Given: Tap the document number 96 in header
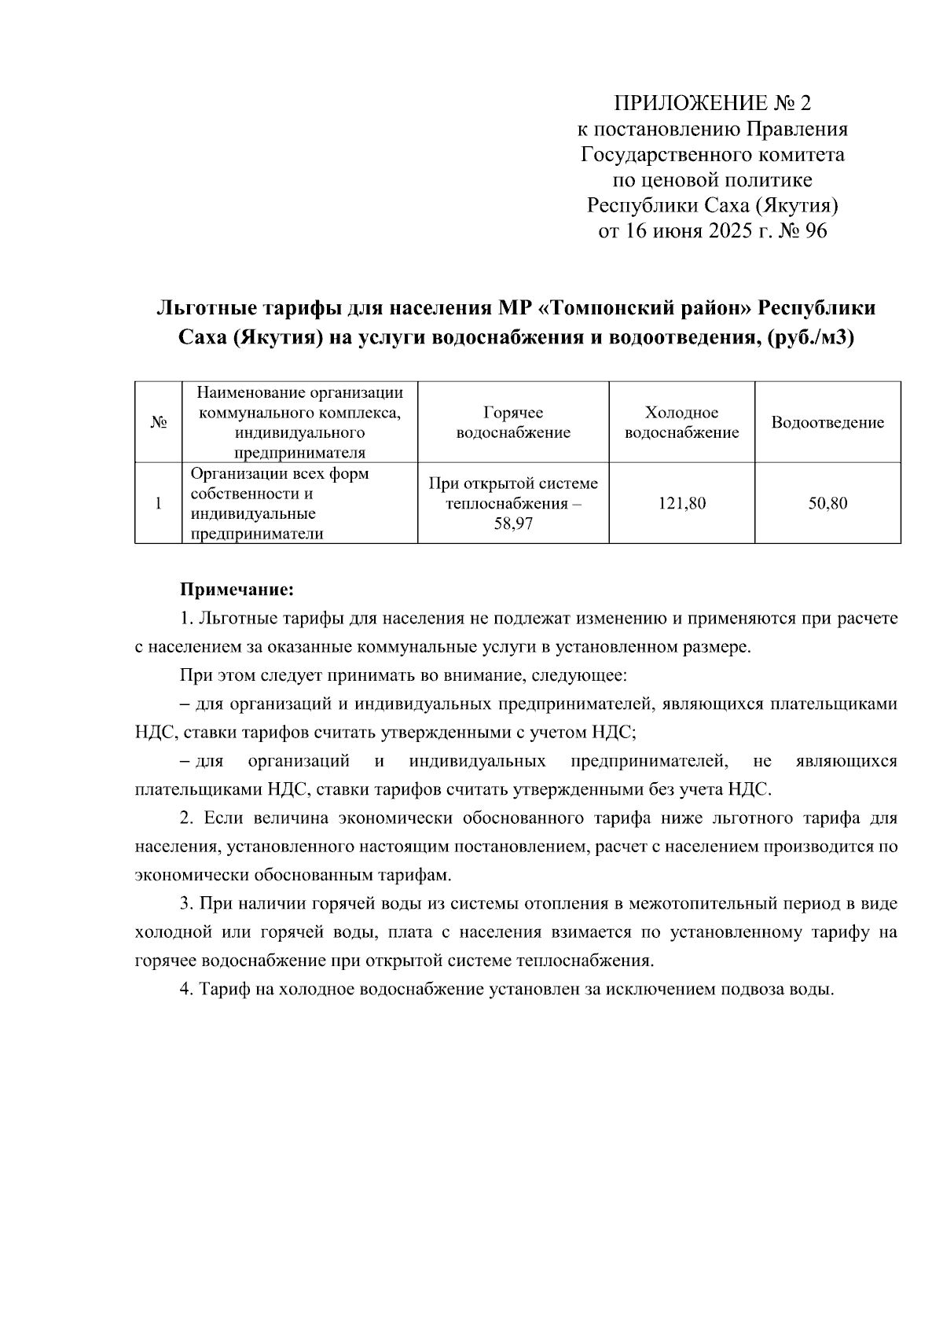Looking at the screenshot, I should click(x=816, y=231).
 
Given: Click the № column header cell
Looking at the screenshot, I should click(x=158, y=423).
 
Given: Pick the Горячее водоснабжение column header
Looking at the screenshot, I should click(x=513, y=423).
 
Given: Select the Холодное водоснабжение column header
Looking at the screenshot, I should click(x=681, y=423).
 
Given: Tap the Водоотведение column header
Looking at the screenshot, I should click(x=827, y=423).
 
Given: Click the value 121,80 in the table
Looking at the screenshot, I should click(x=681, y=504).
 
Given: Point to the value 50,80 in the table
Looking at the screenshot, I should click(x=827, y=504).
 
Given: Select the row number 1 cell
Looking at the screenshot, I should click(x=158, y=504).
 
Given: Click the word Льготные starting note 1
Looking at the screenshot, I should click(x=233, y=619).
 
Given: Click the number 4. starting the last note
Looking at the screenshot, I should click(x=186, y=989).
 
